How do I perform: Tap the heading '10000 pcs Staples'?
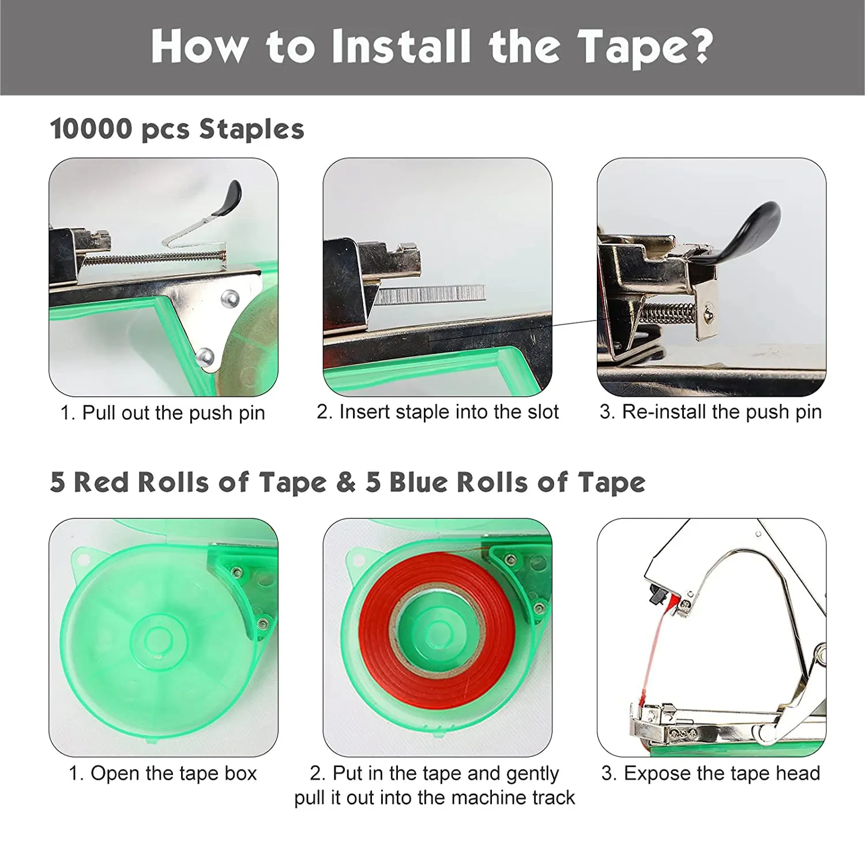(177, 129)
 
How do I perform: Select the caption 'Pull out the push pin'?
(174, 413)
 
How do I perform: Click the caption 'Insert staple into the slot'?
(449, 412)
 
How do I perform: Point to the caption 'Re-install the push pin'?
(722, 412)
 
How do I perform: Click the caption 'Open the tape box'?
(174, 773)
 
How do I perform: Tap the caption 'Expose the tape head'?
(722, 773)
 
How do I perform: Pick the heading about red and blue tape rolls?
(348, 482)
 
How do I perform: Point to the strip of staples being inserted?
(430, 294)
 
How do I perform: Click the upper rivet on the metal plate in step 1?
(229, 298)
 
